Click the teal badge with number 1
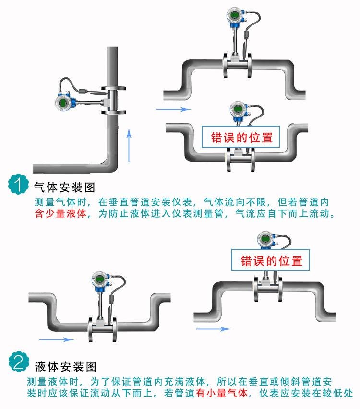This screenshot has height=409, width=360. pyautogui.click(x=18, y=184)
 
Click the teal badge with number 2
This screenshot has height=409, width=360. pyautogui.click(x=19, y=362)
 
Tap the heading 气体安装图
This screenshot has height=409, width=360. pyautogui.click(x=64, y=187)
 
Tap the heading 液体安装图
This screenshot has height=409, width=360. pyautogui.click(x=66, y=366)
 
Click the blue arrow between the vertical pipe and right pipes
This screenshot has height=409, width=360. pyautogui.click(x=173, y=109)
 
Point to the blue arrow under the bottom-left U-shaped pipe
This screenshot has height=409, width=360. pyautogui.click(x=56, y=339)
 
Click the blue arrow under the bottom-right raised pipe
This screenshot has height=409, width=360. pyautogui.click(x=213, y=329)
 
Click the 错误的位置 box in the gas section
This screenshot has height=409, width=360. pyautogui.click(x=240, y=137)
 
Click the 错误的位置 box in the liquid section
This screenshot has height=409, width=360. pyautogui.click(x=270, y=260)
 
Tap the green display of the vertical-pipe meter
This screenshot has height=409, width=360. pyautogui.click(x=63, y=102)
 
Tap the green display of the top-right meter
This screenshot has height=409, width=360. pyautogui.click(x=234, y=15)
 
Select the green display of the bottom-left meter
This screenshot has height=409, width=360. pyautogui.click(x=99, y=280)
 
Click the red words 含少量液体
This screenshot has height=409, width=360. pyautogui.click(x=60, y=213)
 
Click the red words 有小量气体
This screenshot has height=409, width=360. pyautogui.click(x=222, y=393)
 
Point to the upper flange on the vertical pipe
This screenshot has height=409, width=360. pyautogui.click(x=114, y=88)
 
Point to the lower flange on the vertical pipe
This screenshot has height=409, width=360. pyautogui.click(x=114, y=112)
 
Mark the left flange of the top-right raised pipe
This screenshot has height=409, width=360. pyautogui.click(x=225, y=65)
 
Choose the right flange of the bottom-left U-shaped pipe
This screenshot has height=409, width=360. pyautogui.click(x=114, y=328)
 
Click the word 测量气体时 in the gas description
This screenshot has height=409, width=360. pyautogui.click(x=60, y=202)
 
